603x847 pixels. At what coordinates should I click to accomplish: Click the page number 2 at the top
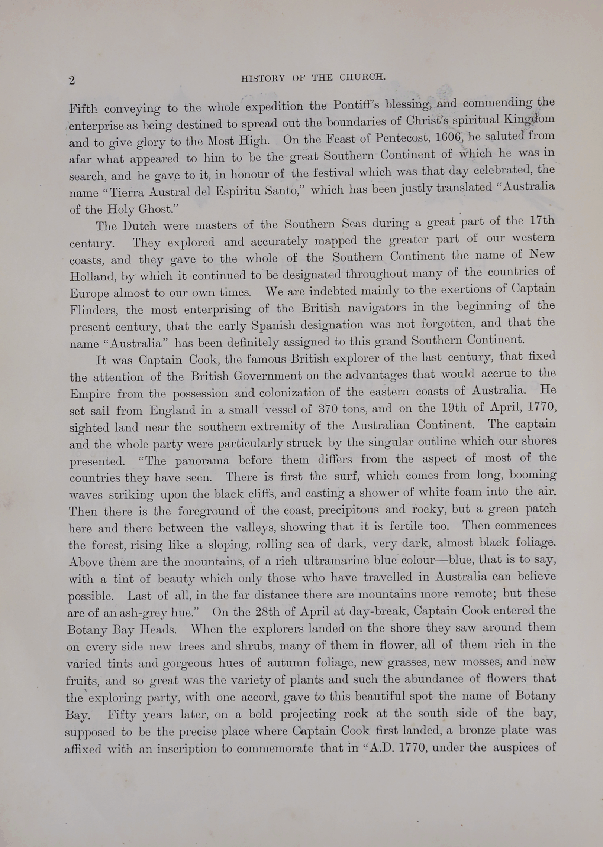(x=72, y=80)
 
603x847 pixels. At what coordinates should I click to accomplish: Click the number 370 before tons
(x=328, y=409)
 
